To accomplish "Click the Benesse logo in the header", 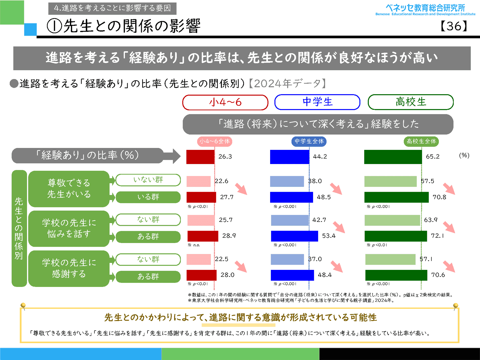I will tap(425, 10).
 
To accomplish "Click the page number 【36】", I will tap(454, 26).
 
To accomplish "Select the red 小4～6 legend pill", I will tap(225, 102).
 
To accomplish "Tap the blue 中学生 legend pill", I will tap(317, 102).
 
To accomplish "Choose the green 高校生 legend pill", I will tap(411, 102).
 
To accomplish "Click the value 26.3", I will tap(225, 157).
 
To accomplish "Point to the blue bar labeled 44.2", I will tap(290, 157).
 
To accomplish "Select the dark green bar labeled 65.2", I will tap(393, 157).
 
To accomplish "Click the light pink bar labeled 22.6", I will tap(199, 181).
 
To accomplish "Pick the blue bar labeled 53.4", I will tap(294, 236).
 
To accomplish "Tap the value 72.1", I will tap(437, 236).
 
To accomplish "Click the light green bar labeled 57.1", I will tap(390, 259).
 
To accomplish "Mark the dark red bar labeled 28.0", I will tap(202, 275).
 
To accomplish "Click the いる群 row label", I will tap(148, 197).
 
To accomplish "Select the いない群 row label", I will tap(148, 180).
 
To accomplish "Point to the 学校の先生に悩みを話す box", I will tap(69, 229).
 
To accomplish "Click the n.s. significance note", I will tap(196, 245).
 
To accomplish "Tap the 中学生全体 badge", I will tap(309, 141).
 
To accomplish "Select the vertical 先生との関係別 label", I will tap(19, 228).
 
